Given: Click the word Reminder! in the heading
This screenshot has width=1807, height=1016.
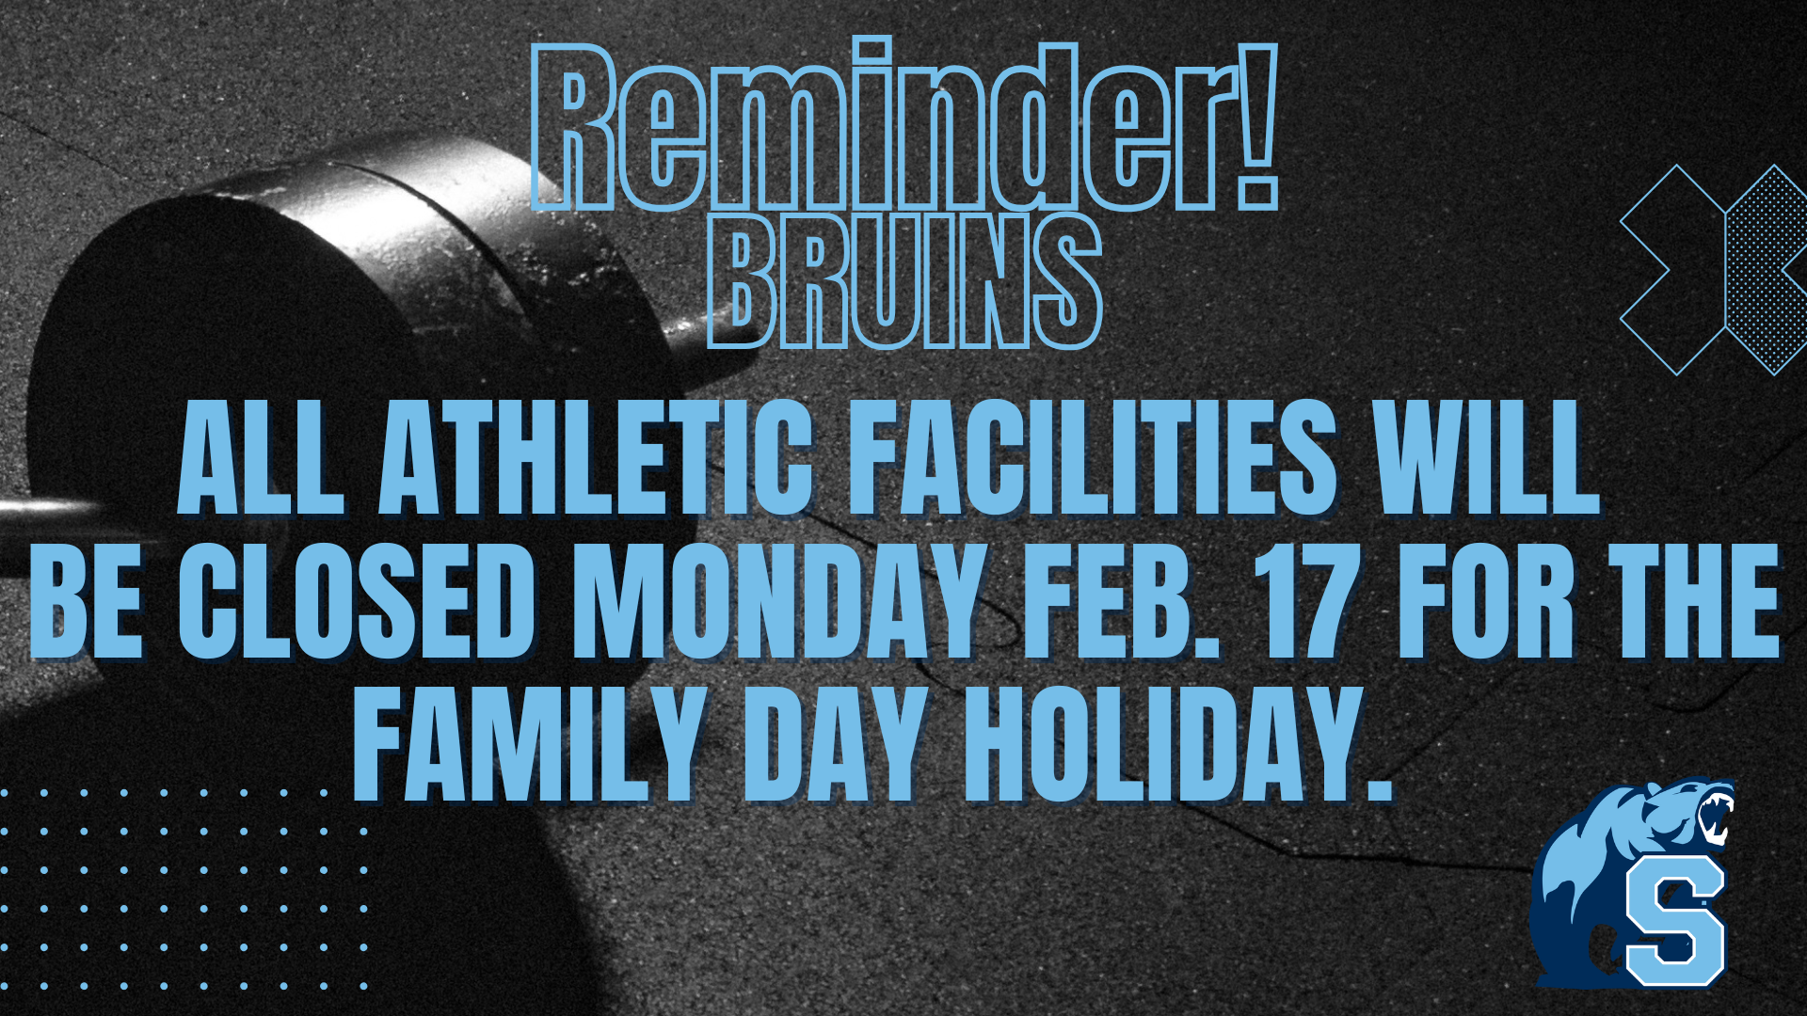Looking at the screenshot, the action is pos(903,126).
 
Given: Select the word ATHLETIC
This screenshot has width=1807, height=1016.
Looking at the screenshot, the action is pos(595,458).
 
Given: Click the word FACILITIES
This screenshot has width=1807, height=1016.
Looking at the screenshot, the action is pos(1093,458).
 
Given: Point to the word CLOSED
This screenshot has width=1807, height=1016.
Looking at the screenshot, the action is pos(359,602).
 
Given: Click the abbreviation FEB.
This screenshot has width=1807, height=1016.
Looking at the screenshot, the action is pos(1120,602).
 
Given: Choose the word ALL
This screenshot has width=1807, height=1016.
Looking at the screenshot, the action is pos(261,458).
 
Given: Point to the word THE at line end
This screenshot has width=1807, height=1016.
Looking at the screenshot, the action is pos(1693,602).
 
